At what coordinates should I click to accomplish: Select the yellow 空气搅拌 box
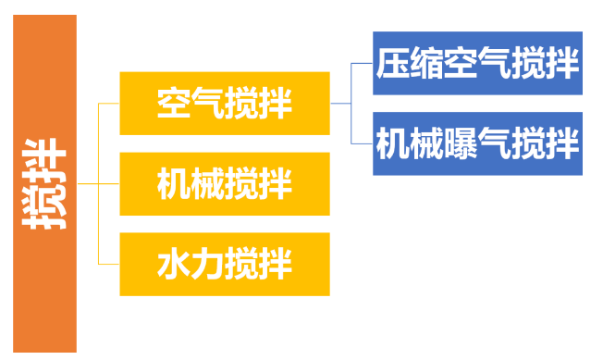(225, 102)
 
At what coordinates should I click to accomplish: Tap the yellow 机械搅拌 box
(225, 183)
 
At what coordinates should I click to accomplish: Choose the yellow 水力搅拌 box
(225, 264)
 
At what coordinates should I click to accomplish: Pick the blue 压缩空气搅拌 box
(477, 64)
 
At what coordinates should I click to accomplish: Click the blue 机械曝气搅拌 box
(477, 143)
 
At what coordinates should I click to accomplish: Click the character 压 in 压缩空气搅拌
(392, 65)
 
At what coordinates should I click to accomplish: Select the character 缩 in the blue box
(426, 65)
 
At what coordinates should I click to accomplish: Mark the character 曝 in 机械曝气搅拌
(461, 144)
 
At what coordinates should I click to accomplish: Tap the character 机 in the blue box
(392, 144)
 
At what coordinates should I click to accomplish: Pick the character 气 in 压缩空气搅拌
(495, 65)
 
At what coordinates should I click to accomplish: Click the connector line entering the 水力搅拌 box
(109, 264)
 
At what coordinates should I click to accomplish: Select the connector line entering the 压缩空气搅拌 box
(363, 64)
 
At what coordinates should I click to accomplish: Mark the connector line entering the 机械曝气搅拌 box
(363, 143)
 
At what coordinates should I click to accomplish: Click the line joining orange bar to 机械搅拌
(100, 183)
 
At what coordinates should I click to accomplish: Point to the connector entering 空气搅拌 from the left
(109, 103)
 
